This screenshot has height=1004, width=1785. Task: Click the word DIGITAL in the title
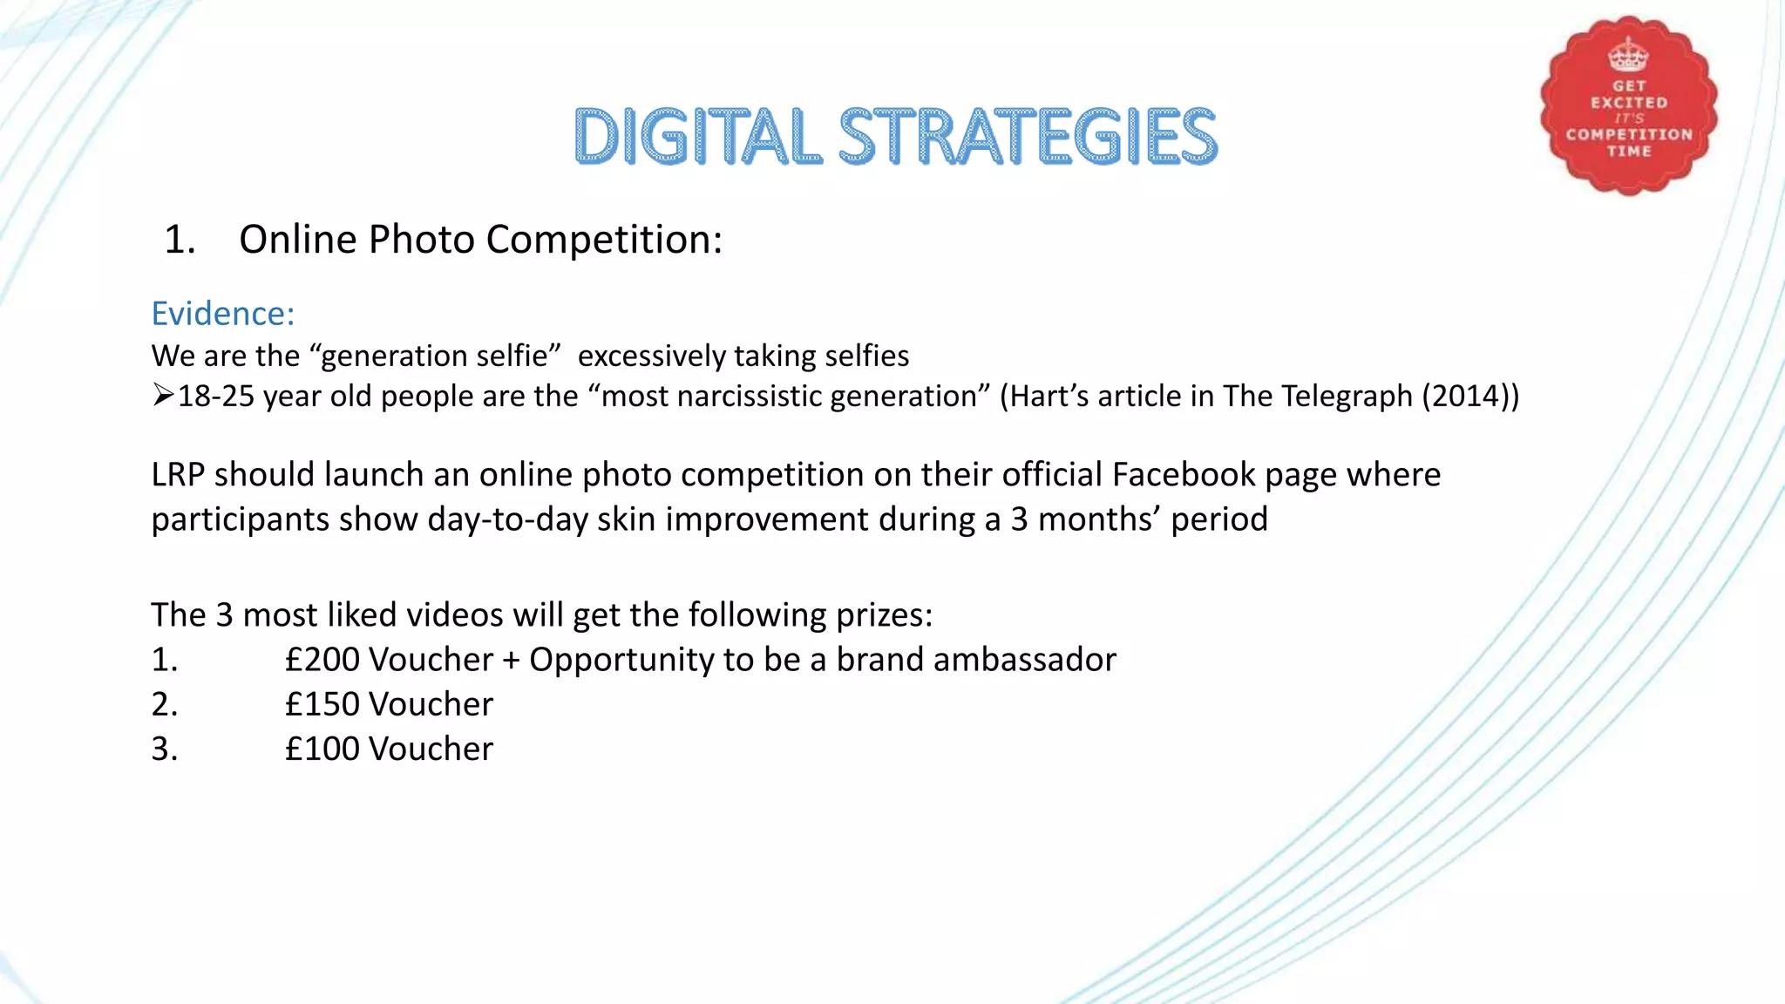697,137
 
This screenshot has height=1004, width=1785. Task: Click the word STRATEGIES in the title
1028,137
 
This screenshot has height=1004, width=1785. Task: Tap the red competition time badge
1628,105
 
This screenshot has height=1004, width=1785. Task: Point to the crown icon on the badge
1628,55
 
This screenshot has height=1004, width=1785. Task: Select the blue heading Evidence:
223,314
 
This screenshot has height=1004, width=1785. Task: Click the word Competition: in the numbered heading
604,240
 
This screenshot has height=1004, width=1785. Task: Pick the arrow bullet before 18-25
163,396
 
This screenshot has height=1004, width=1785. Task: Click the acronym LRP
178,475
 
